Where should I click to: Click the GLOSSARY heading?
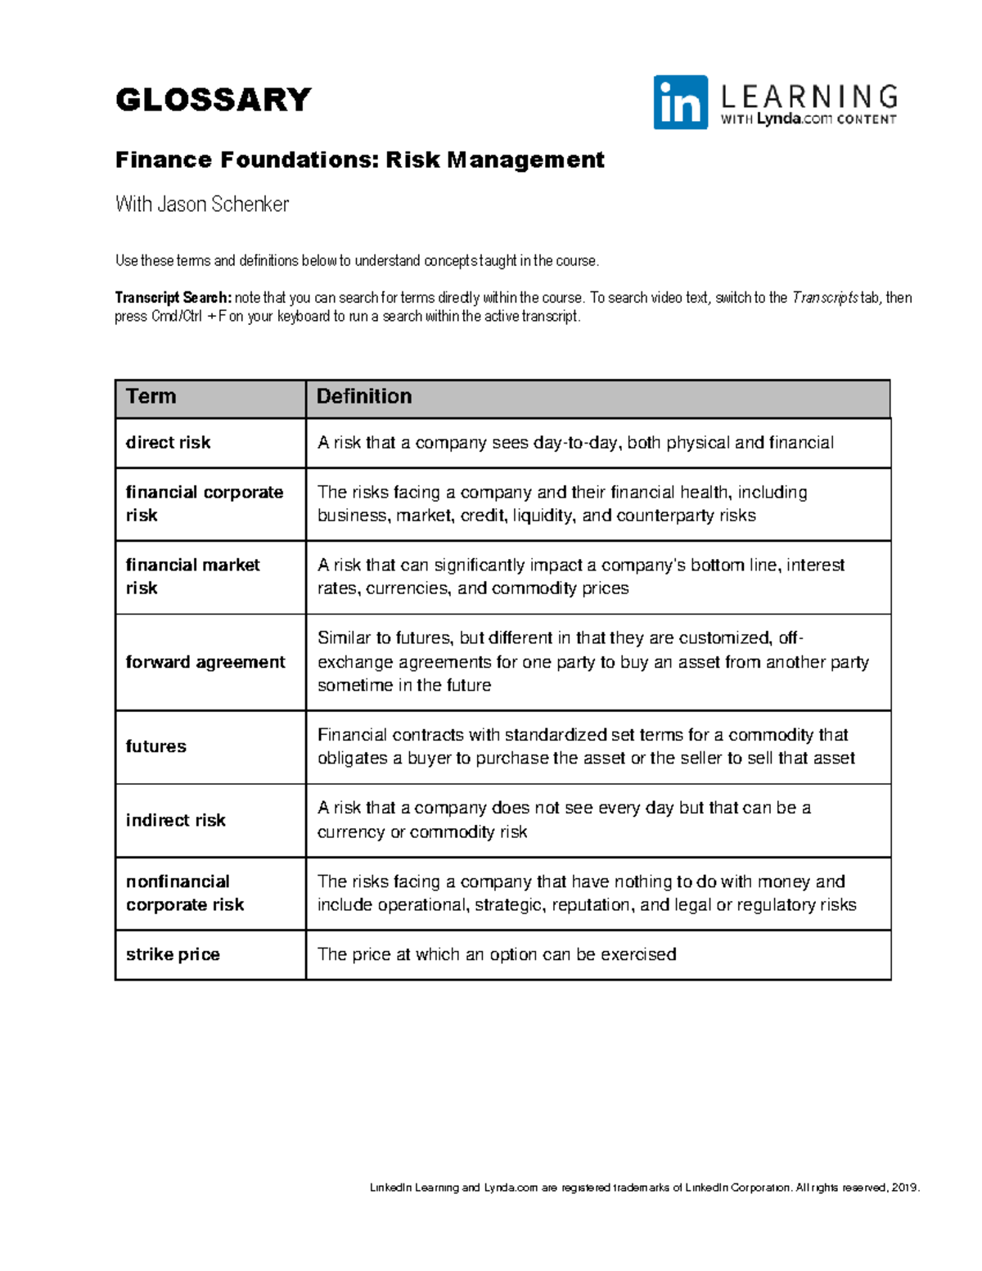[x=213, y=100]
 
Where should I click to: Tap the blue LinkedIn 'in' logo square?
[x=680, y=102]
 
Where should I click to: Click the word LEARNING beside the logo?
[x=809, y=97]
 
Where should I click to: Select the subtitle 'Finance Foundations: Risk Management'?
[x=359, y=160]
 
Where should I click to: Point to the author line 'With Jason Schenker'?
[x=202, y=204]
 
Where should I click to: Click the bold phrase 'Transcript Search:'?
[x=173, y=298]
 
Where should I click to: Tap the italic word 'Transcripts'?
[x=824, y=298]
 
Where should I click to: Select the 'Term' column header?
[x=151, y=397]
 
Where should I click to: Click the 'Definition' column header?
[x=364, y=397]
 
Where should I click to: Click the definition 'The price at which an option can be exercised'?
[x=497, y=954]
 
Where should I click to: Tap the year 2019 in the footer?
[x=905, y=1188]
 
